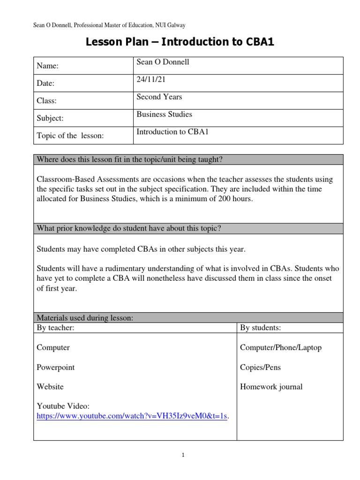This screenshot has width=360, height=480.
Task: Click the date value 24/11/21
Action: click(150, 80)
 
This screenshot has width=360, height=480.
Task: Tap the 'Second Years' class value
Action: click(159, 97)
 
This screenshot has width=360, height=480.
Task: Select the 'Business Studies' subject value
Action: click(164, 114)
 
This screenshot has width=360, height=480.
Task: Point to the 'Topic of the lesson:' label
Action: click(69, 136)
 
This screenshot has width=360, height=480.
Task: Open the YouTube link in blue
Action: click(133, 416)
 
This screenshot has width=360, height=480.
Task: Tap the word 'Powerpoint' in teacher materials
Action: click(55, 367)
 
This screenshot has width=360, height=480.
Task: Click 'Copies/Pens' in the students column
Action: click(260, 367)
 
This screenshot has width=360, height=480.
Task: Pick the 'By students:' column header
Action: click(261, 328)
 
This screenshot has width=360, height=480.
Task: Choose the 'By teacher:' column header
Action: click(55, 328)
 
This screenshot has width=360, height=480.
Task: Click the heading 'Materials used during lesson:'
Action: click(85, 318)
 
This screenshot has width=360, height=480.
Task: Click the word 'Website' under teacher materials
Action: click(50, 387)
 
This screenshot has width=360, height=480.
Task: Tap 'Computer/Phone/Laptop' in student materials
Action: click(280, 348)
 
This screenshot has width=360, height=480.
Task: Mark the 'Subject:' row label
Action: click(50, 119)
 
